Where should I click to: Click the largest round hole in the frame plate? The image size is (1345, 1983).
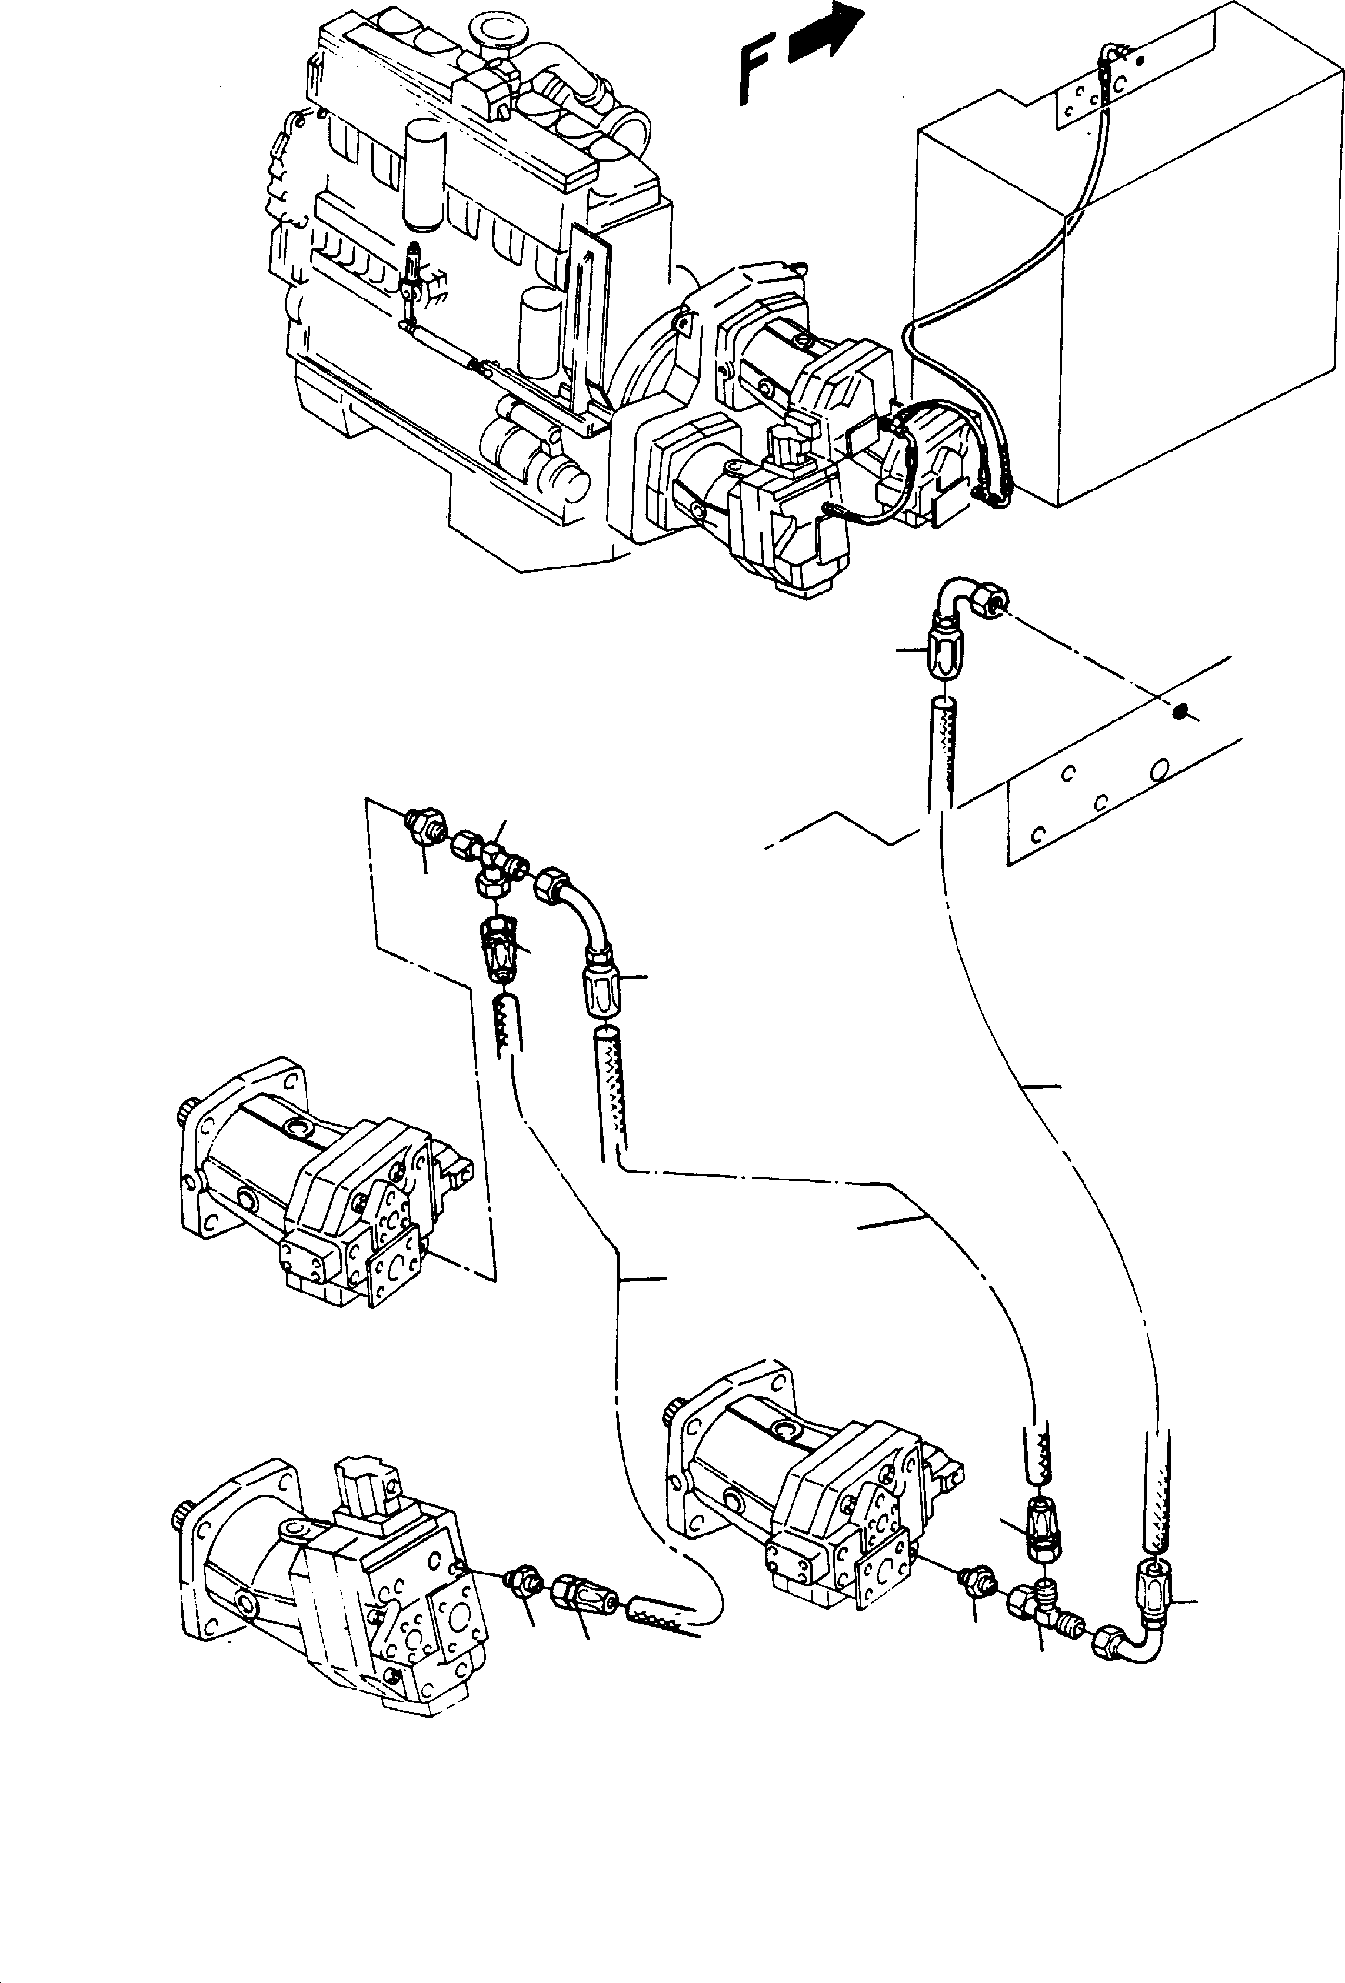pos(1158,770)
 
